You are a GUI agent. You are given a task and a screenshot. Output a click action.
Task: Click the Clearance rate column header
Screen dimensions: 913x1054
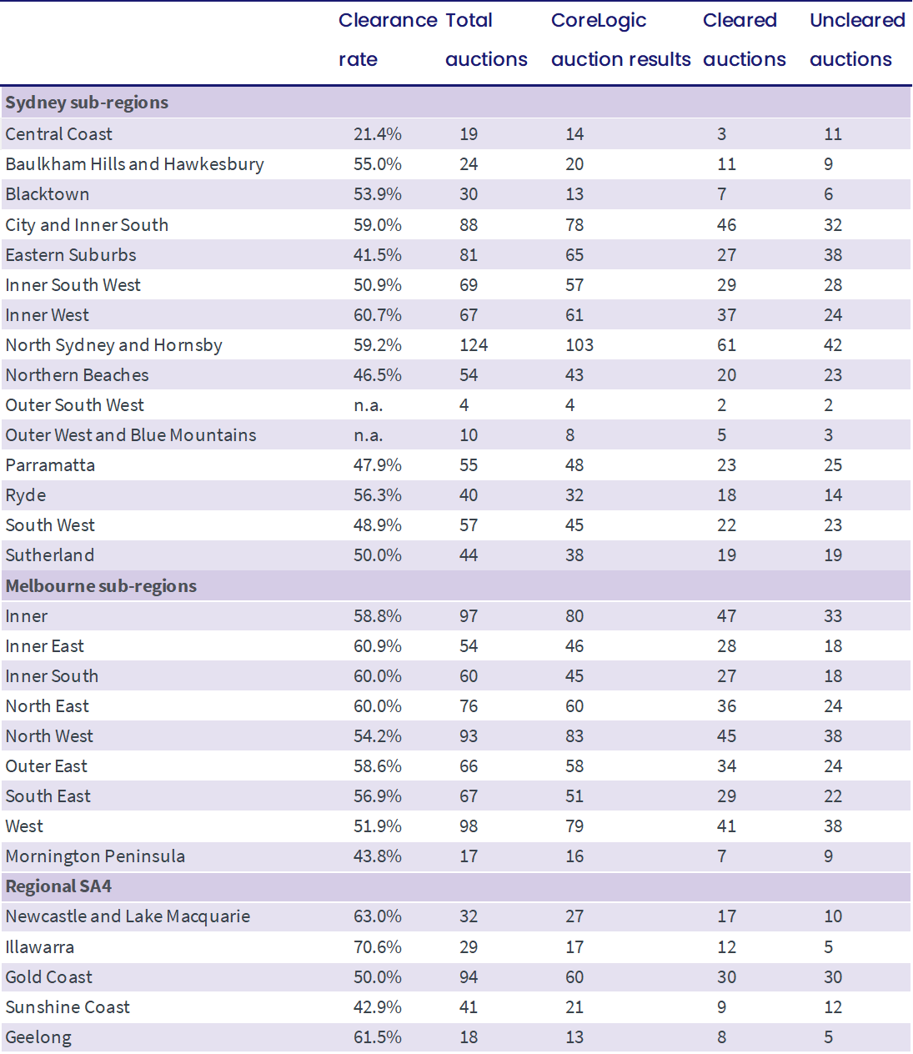(x=388, y=40)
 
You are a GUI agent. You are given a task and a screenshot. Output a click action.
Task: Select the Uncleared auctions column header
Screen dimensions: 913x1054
(x=857, y=40)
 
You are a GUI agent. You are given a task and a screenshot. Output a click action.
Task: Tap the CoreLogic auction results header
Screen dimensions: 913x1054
(x=620, y=40)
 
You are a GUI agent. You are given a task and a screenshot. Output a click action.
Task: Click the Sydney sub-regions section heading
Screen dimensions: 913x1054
(x=87, y=103)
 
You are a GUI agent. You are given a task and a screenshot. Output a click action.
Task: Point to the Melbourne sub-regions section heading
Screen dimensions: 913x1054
(x=101, y=586)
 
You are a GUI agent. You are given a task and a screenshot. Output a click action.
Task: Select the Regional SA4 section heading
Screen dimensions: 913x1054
(x=58, y=886)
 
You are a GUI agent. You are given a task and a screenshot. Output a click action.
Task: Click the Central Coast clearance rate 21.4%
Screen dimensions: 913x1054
(x=378, y=134)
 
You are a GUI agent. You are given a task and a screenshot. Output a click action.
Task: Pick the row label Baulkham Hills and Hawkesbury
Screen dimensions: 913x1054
(x=134, y=164)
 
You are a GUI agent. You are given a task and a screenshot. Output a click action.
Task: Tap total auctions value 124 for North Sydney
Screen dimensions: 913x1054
(x=474, y=345)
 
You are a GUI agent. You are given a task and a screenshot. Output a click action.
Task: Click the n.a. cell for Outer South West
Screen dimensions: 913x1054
(x=368, y=405)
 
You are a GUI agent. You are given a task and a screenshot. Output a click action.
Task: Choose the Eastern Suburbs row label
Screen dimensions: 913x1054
(x=71, y=255)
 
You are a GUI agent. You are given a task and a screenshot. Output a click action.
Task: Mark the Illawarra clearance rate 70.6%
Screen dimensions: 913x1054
(x=378, y=947)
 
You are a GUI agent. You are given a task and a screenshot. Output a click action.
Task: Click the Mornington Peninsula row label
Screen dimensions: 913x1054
(x=95, y=856)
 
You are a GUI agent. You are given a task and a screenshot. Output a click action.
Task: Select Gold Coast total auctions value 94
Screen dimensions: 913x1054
(x=469, y=977)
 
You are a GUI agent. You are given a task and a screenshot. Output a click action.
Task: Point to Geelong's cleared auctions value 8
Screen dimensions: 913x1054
(x=721, y=1037)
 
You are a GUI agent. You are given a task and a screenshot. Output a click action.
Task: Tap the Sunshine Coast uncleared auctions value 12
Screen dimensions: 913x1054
(x=833, y=1007)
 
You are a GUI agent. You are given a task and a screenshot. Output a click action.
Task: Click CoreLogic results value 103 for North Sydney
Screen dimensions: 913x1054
(x=579, y=345)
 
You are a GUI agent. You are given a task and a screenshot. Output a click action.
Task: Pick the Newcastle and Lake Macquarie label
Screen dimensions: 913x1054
(x=128, y=916)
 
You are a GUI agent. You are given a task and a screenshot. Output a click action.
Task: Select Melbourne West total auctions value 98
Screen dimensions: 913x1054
(x=469, y=826)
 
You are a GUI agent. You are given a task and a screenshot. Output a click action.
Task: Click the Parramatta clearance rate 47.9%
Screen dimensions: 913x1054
(x=378, y=465)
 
